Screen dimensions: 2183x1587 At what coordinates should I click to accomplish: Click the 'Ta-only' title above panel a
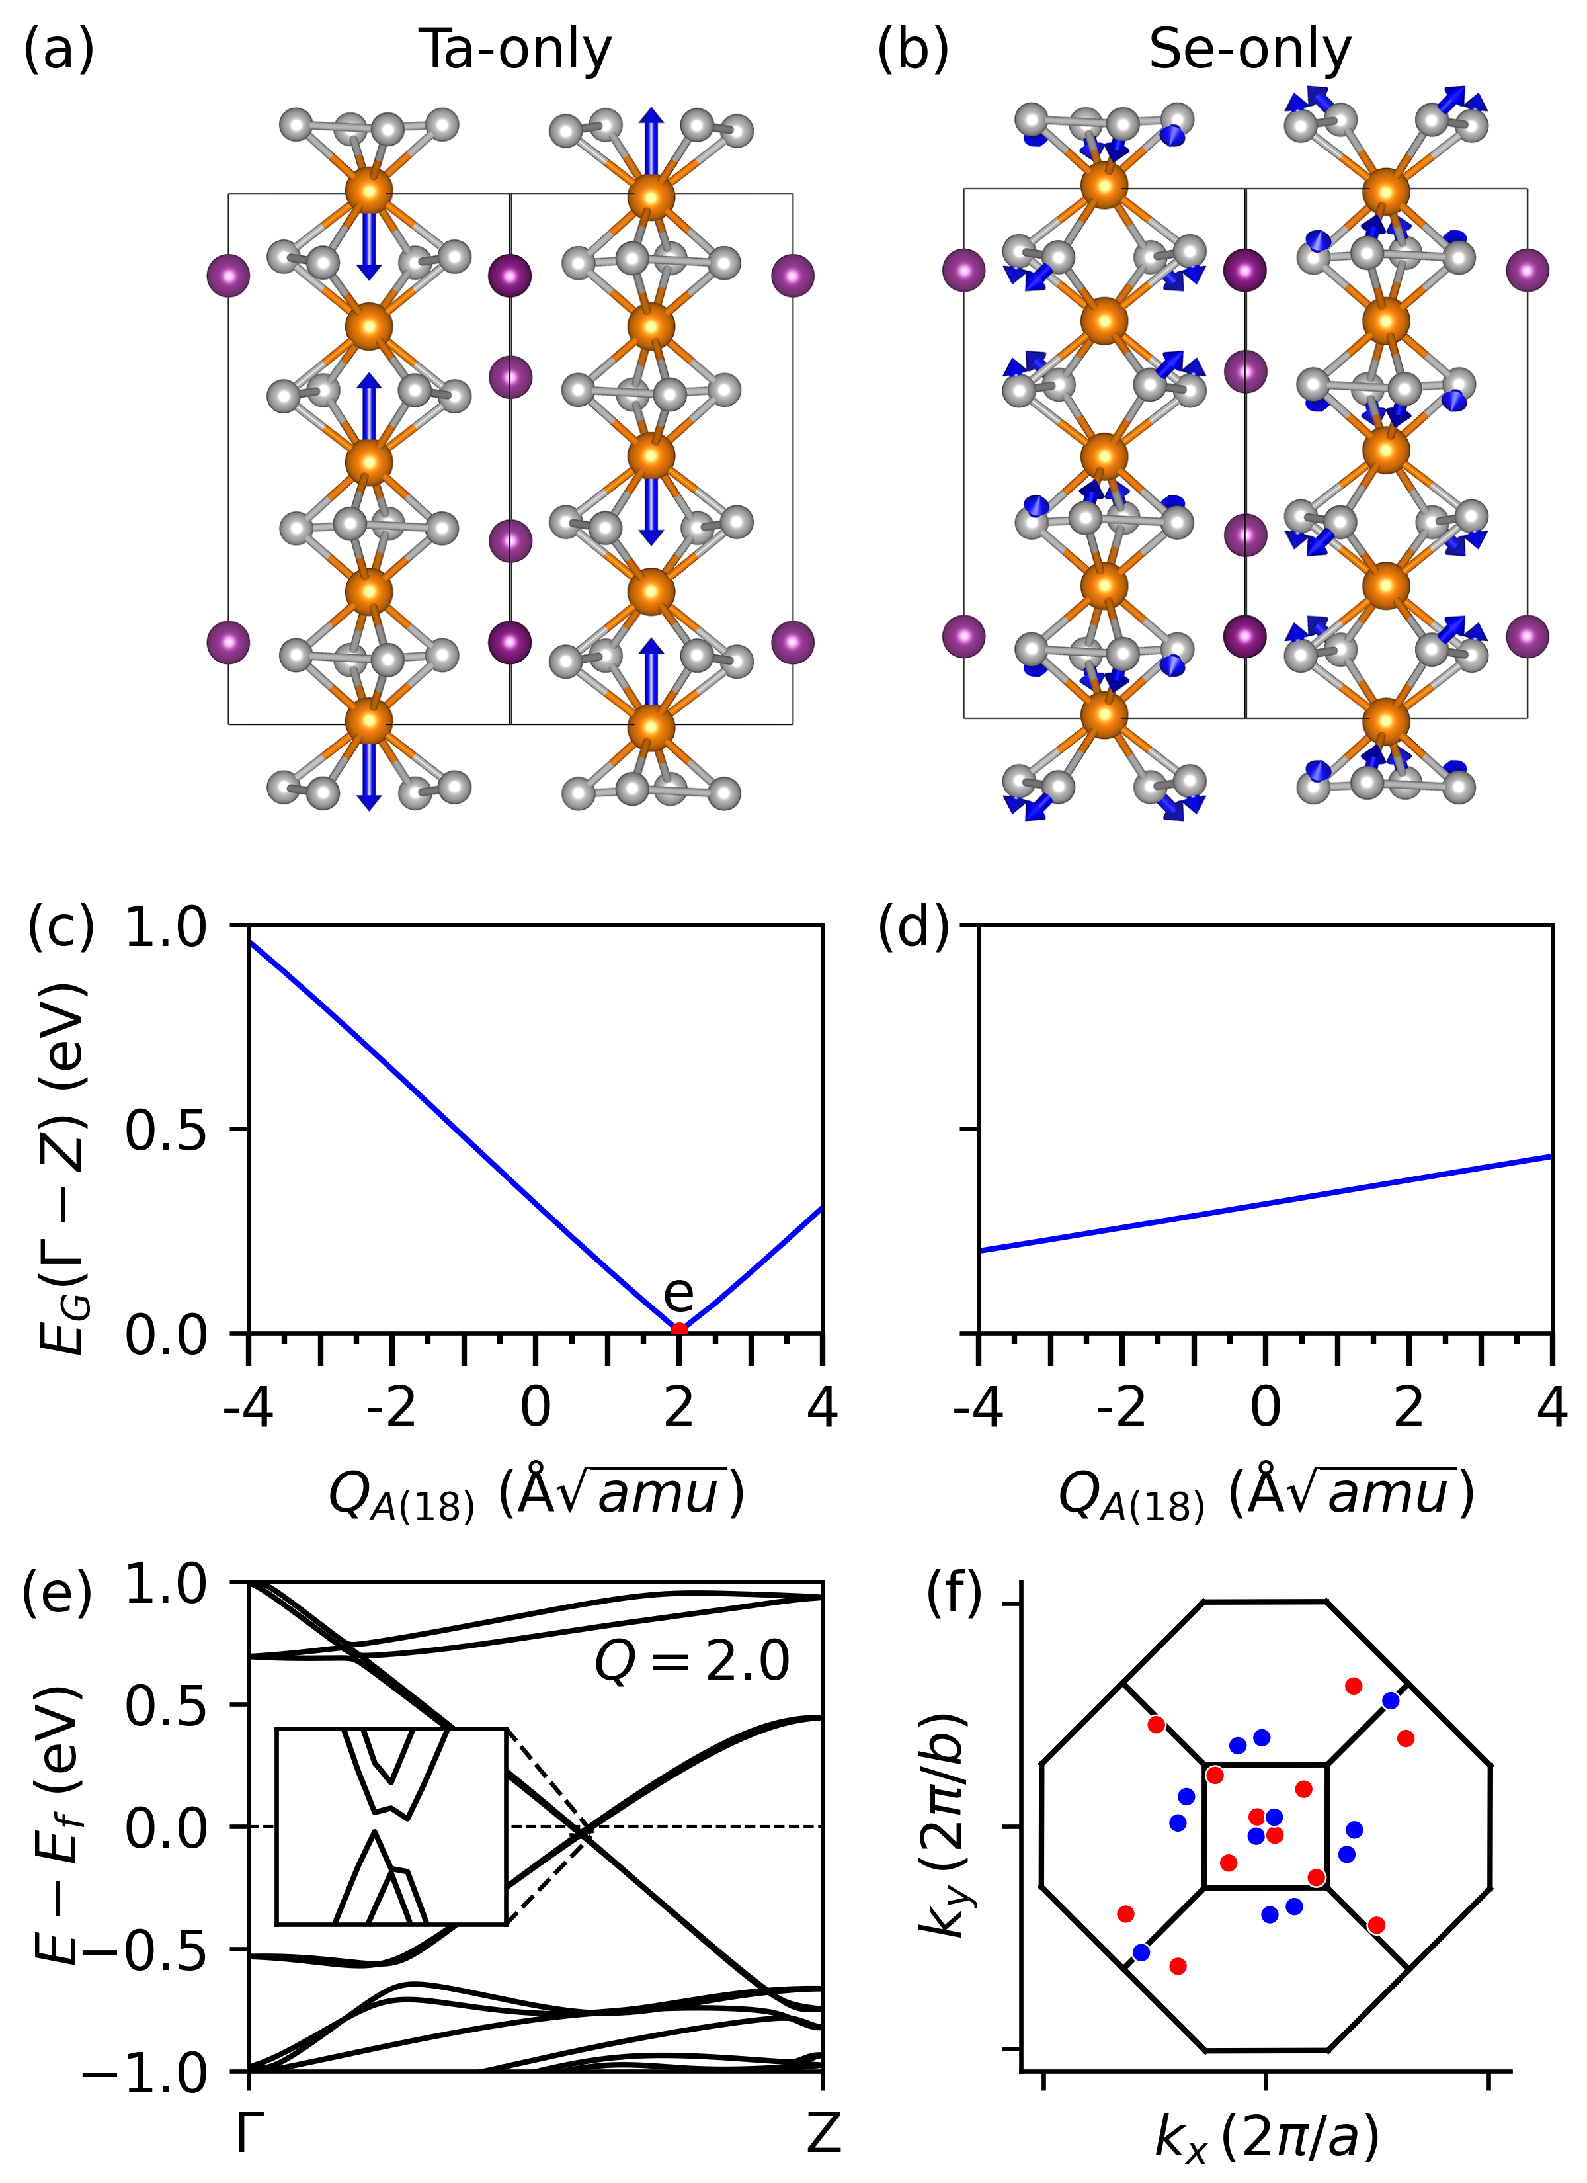point(515,50)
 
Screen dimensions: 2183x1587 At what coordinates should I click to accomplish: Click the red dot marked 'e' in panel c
point(678,1331)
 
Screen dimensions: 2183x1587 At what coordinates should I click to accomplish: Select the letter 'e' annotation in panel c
point(678,1293)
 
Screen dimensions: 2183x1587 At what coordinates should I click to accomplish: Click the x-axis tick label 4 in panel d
point(1551,1408)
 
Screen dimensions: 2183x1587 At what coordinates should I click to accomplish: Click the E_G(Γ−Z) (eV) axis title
point(63,1132)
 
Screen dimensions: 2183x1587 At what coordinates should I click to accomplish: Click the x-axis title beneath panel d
point(1264,1495)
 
